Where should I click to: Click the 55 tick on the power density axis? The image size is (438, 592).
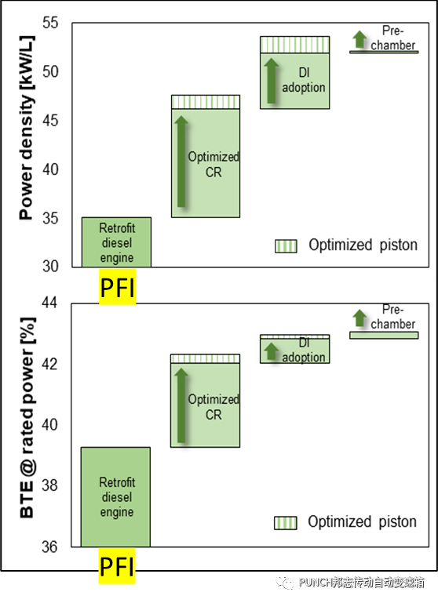click(50, 23)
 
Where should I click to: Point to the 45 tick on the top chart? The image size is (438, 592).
click(50, 121)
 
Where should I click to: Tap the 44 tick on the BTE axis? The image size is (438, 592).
click(49, 303)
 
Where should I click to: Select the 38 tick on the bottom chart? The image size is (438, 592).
click(49, 485)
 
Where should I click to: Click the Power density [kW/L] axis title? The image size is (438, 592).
click(27, 128)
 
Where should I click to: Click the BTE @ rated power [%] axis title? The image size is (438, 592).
click(27, 417)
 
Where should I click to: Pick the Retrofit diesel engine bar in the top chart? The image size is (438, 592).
click(116, 242)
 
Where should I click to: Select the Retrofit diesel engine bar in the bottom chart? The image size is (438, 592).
click(115, 497)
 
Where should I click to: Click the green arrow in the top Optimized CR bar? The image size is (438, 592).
click(181, 162)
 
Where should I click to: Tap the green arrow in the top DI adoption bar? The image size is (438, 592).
click(271, 80)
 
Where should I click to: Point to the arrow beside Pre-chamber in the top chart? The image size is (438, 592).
click(360, 39)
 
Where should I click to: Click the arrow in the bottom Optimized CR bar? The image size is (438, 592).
click(181, 405)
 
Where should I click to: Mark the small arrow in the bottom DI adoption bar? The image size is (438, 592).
click(271, 350)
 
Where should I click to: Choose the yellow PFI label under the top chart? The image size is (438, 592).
click(117, 287)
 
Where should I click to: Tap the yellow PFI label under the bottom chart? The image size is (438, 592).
click(117, 566)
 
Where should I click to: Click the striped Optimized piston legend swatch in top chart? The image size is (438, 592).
click(286, 246)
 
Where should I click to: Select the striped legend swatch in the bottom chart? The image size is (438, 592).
click(285, 523)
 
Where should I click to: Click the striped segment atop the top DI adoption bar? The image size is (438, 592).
click(295, 45)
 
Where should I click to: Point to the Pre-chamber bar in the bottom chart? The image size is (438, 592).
click(384, 336)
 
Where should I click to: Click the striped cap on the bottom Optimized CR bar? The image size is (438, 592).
click(205, 358)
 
